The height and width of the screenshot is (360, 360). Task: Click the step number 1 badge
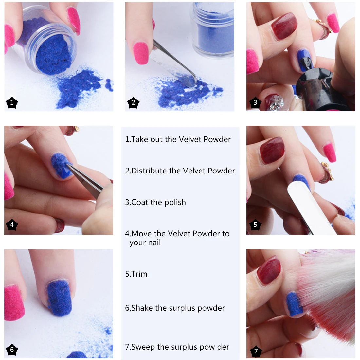click(12, 103)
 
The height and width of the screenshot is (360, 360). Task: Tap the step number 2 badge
click(133, 103)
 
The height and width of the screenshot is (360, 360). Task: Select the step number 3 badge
click(255, 103)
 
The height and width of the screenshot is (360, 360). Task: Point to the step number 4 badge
click(12, 225)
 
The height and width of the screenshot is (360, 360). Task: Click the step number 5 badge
click(255, 225)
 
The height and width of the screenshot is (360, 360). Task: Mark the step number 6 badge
click(12, 350)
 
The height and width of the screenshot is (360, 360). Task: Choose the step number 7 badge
click(256, 351)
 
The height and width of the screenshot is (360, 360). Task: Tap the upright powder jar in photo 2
click(213, 29)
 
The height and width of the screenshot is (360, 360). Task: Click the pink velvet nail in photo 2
click(141, 53)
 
